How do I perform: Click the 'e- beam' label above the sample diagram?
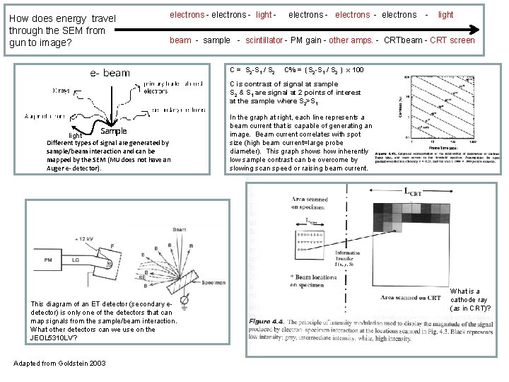point(110,72)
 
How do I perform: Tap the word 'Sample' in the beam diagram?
point(113,131)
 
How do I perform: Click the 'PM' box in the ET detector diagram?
point(49,260)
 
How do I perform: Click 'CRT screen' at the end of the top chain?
point(453,40)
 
